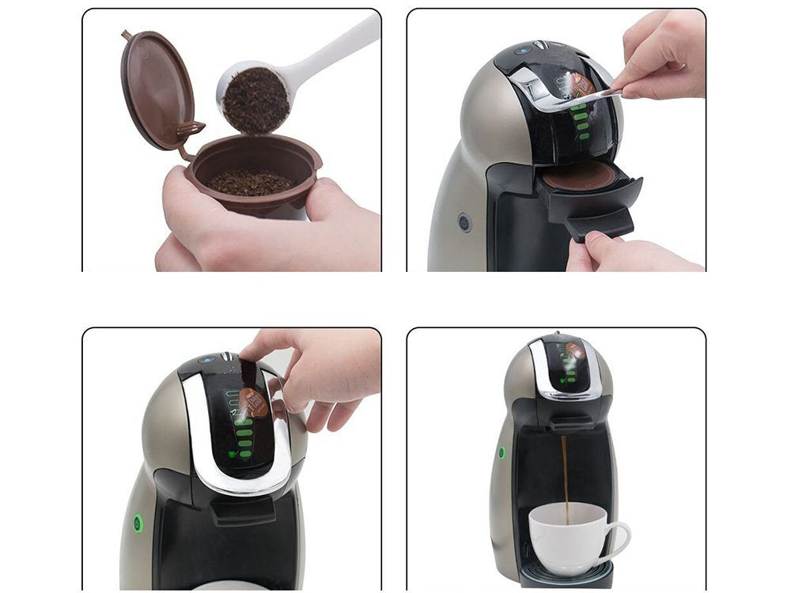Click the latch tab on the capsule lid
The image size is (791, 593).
tap(191, 129)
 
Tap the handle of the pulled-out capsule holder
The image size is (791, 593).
tap(600, 225)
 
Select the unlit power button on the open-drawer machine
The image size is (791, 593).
tap(464, 223)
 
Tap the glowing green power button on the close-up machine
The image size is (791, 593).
tap(138, 523)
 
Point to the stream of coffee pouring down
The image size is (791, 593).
tap(564, 474)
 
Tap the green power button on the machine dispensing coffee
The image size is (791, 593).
tap(501, 453)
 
